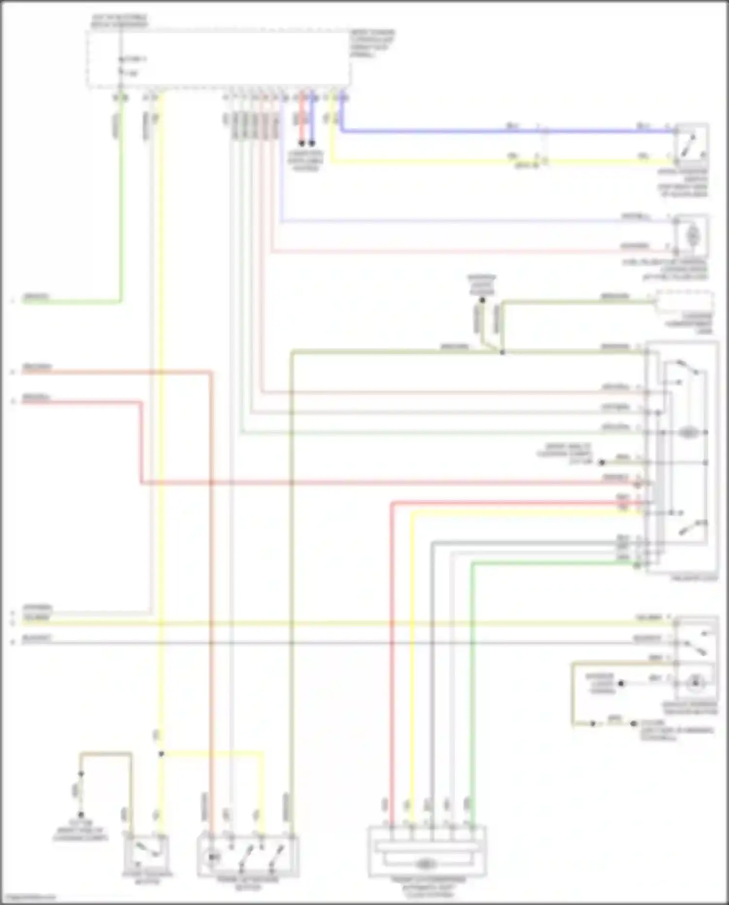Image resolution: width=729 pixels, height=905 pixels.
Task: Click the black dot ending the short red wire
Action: (301, 143)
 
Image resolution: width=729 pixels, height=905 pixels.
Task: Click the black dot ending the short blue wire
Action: (312, 143)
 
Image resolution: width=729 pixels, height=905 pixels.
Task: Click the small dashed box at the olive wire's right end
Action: (684, 302)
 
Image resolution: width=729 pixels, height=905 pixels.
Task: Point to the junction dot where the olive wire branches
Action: (502, 352)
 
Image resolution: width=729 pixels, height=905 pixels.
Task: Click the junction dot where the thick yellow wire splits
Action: (161, 754)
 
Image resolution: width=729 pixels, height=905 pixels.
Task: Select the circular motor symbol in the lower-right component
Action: (695, 683)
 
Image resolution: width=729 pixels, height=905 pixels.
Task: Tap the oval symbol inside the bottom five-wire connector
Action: (426, 864)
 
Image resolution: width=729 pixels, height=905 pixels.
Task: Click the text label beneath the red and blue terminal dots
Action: (305, 161)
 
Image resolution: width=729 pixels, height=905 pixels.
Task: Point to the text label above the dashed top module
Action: (119, 20)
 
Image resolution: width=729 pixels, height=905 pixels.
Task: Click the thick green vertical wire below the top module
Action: (121, 204)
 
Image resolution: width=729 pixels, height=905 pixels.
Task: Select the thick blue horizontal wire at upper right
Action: (486, 131)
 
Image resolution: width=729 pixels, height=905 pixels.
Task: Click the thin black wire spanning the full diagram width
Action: (340, 643)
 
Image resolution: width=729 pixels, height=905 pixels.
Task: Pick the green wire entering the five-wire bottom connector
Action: (472, 681)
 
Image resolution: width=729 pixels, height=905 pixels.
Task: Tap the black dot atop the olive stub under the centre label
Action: (482, 301)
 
